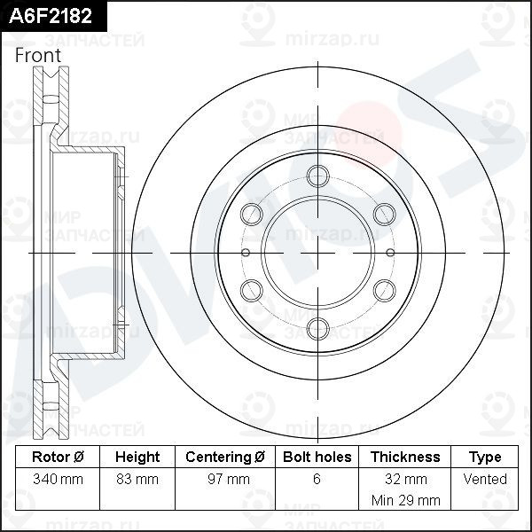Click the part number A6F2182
click(51, 16)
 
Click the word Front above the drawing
click(38, 55)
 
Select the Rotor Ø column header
click(58, 458)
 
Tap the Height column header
click(137, 458)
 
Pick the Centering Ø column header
click(225, 458)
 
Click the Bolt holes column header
click(317, 458)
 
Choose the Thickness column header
click(404, 458)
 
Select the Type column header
click(485, 458)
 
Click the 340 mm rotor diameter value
click(58, 480)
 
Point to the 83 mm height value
click(137, 480)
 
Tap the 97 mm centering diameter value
click(225, 480)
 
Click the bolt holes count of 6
click(317, 480)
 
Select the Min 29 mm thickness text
click(404, 500)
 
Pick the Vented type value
click(485, 480)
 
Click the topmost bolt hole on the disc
click(317, 176)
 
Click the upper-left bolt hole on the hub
click(252, 213)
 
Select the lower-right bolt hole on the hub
click(383, 289)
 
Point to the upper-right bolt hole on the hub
click(383, 213)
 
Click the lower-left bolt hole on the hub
click(252, 289)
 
